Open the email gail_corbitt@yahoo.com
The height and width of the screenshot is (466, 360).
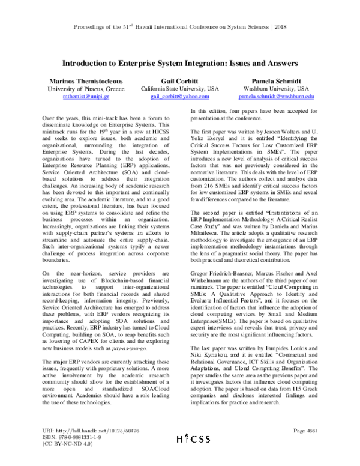pos(179,96)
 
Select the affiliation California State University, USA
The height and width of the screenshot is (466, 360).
pos(179,88)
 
